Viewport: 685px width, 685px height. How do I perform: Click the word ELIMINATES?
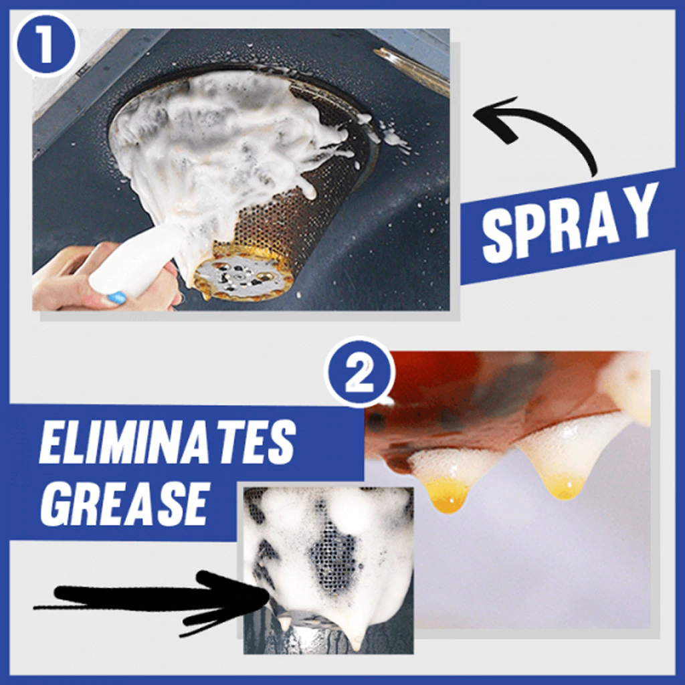tap(167, 444)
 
